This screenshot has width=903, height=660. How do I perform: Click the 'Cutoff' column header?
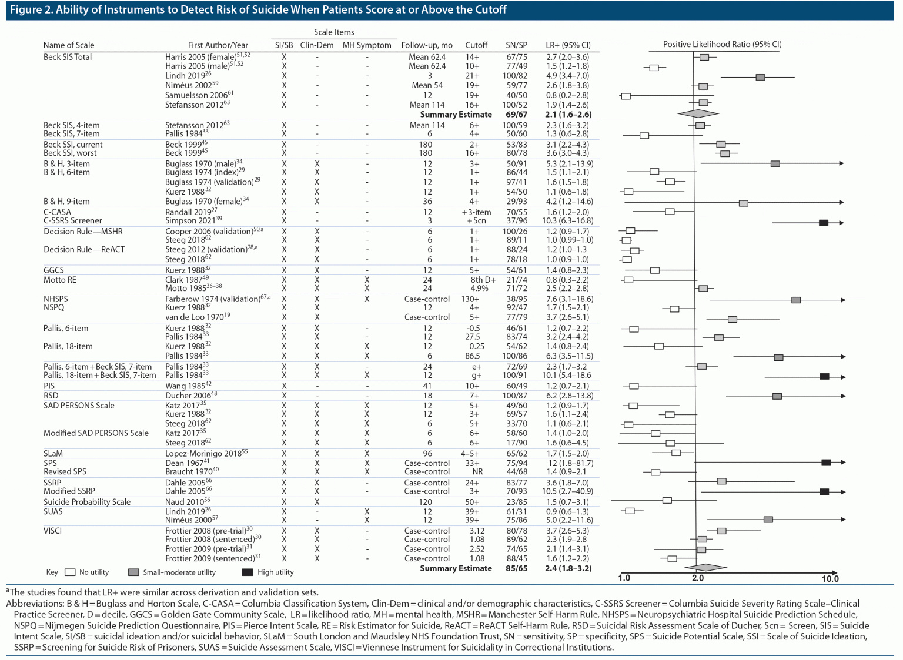tap(476, 45)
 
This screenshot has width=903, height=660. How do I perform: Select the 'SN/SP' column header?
tap(516, 45)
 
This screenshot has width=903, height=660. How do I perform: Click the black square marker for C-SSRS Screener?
tap(824, 223)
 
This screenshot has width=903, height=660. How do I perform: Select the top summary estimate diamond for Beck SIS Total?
tap(698, 113)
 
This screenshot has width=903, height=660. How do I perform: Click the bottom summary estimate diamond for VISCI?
tap(706, 568)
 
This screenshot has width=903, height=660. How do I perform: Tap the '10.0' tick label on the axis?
tap(830, 579)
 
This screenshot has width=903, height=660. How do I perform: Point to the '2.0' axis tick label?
tap(698, 579)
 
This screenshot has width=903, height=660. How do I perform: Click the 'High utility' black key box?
tap(247, 572)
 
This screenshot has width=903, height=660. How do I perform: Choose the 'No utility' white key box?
tap(71, 572)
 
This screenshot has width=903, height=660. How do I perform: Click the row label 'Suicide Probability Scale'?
tap(87, 502)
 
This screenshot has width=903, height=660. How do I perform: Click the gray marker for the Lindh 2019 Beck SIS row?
tap(760, 78)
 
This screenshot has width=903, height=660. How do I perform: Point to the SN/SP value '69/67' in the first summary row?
tap(516, 115)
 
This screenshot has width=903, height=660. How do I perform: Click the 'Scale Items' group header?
tap(334, 32)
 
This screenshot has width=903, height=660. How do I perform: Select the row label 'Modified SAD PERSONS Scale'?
tap(96, 433)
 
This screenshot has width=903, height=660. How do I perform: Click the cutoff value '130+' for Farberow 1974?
tap(470, 299)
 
